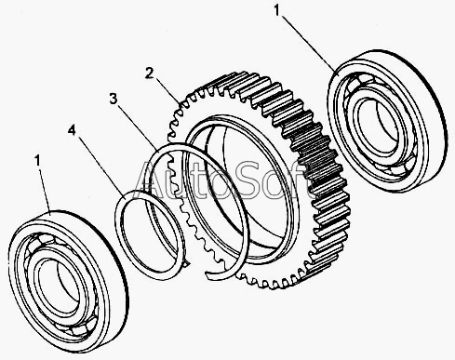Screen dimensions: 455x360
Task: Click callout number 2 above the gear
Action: (149, 73)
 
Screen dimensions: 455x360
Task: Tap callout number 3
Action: (114, 99)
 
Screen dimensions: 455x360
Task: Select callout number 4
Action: (72, 130)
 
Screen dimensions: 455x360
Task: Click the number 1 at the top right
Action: (276, 10)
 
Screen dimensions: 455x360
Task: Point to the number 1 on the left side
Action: (37, 161)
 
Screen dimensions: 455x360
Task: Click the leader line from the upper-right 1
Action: (308, 44)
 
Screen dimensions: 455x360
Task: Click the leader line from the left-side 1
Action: (45, 191)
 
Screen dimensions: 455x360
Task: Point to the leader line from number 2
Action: (167, 91)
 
